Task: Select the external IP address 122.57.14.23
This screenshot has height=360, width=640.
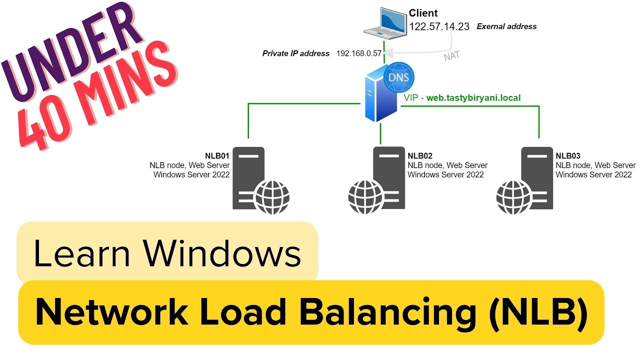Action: [x=439, y=27]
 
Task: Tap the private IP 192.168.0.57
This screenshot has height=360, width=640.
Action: [x=358, y=53]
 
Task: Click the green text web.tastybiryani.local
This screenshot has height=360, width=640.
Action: [x=473, y=98]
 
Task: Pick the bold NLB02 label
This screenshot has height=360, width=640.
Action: [x=420, y=156]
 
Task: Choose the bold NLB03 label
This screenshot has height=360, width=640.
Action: [x=568, y=156]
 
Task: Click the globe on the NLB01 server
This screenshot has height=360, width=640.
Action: [x=272, y=197]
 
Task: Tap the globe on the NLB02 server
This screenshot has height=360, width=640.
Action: [x=365, y=197]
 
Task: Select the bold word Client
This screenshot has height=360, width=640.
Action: [x=423, y=13]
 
